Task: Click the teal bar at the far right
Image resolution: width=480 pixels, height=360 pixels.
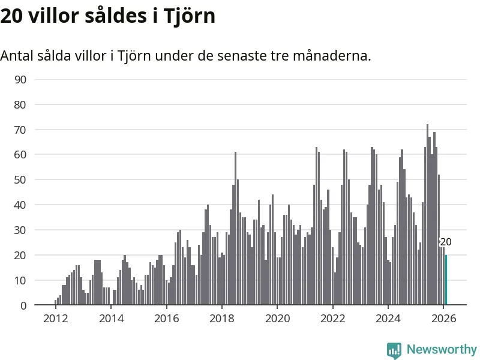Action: pos(446,280)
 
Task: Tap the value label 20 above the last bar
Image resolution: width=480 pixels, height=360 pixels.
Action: pos(446,242)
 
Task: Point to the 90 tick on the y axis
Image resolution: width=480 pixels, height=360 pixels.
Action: pos(20,79)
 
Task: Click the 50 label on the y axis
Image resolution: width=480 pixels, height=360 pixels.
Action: pos(20,180)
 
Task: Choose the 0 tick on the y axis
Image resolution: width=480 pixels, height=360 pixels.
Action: pos(23,305)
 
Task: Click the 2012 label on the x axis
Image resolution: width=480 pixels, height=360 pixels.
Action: pos(55,318)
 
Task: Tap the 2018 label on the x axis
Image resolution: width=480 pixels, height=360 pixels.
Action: pos(221,318)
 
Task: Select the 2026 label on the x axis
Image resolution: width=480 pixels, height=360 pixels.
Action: pos(443,318)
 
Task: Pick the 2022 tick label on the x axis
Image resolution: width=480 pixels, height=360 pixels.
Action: pos(332,318)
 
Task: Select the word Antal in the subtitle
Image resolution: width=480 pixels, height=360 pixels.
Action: pos(16,56)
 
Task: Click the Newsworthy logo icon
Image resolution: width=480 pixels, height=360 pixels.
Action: pos(394,350)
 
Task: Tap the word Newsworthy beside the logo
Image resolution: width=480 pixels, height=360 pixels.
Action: pos(442,349)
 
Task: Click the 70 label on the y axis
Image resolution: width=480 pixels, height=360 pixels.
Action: pos(20,130)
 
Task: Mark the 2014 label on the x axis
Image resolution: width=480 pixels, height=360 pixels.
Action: pos(110,318)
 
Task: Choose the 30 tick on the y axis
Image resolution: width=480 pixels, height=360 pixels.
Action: pos(20,230)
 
